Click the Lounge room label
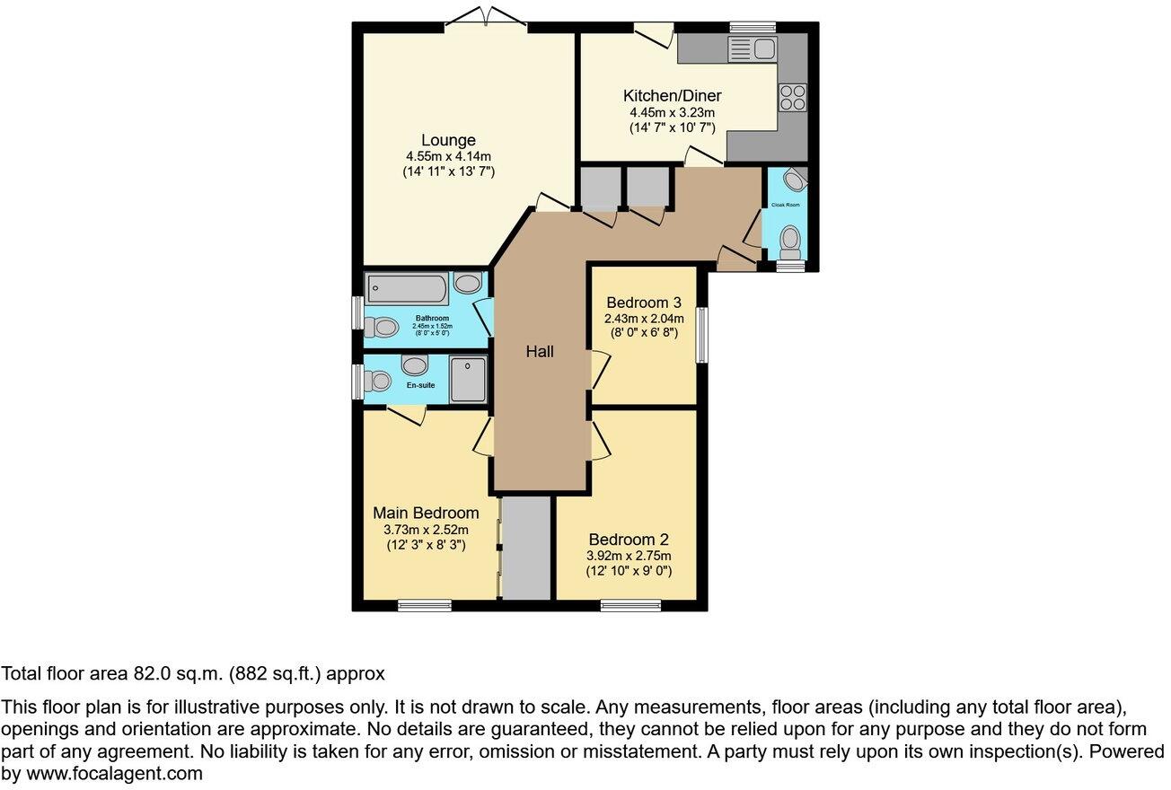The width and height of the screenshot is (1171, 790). pyautogui.click(x=448, y=140)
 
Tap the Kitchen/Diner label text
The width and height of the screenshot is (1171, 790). pyautogui.click(x=672, y=96)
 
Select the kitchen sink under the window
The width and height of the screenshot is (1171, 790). pyautogui.click(x=752, y=48)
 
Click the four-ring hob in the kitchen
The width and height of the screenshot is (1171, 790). pyautogui.click(x=793, y=96)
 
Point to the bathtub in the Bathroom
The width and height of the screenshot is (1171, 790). pyautogui.click(x=407, y=289)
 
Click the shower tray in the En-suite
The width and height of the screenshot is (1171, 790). pyautogui.click(x=469, y=379)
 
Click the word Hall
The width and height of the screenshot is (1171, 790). pyautogui.click(x=540, y=352)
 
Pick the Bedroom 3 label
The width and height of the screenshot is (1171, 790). pyautogui.click(x=644, y=302)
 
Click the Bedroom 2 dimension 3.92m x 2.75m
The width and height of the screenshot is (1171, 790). pyautogui.click(x=629, y=556)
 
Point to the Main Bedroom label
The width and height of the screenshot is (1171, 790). pyautogui.click(x=426, y=513)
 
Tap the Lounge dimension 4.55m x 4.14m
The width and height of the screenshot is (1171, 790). pyautogui.click(x=448, y=156)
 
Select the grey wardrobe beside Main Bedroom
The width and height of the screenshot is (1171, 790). pyautogui.click(x=525, y=548)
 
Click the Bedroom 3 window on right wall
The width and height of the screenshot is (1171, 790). pyautogui.click(x=702, y=335)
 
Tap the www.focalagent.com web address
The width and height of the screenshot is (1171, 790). pyautogui.click(x=114, y=773)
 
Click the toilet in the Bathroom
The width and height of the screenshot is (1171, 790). pyautogui.click(x=383, y=327)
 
